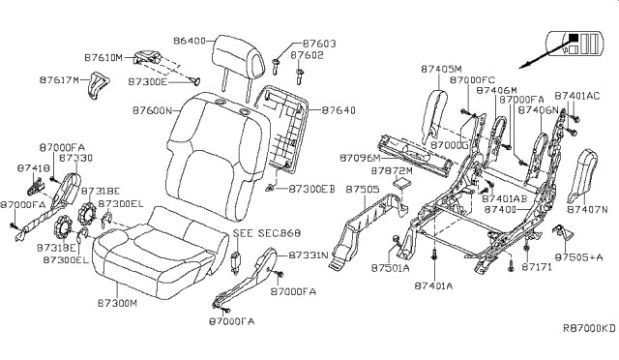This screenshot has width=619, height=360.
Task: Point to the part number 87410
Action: (33, 167)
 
